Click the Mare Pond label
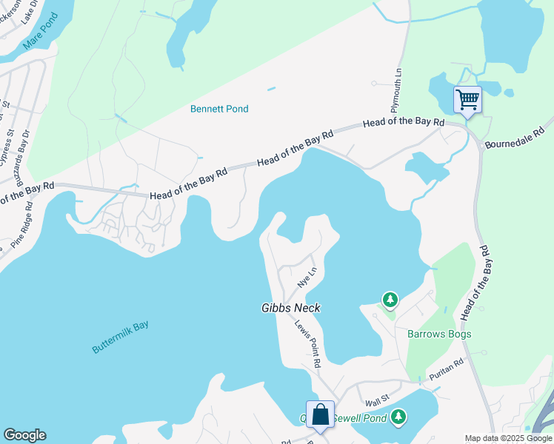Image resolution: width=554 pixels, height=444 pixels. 39,41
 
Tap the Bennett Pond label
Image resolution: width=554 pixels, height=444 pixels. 219,109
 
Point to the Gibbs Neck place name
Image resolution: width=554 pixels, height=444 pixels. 290,308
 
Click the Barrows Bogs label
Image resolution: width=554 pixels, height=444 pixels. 439,334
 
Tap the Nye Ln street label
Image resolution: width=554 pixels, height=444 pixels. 307,277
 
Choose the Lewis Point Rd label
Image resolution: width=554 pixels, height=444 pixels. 307,344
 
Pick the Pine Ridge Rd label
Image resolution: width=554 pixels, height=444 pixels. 23,221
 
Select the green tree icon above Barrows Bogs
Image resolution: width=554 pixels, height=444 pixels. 390,300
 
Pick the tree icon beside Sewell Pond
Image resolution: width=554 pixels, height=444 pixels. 399,417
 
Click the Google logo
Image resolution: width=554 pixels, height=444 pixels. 24,435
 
